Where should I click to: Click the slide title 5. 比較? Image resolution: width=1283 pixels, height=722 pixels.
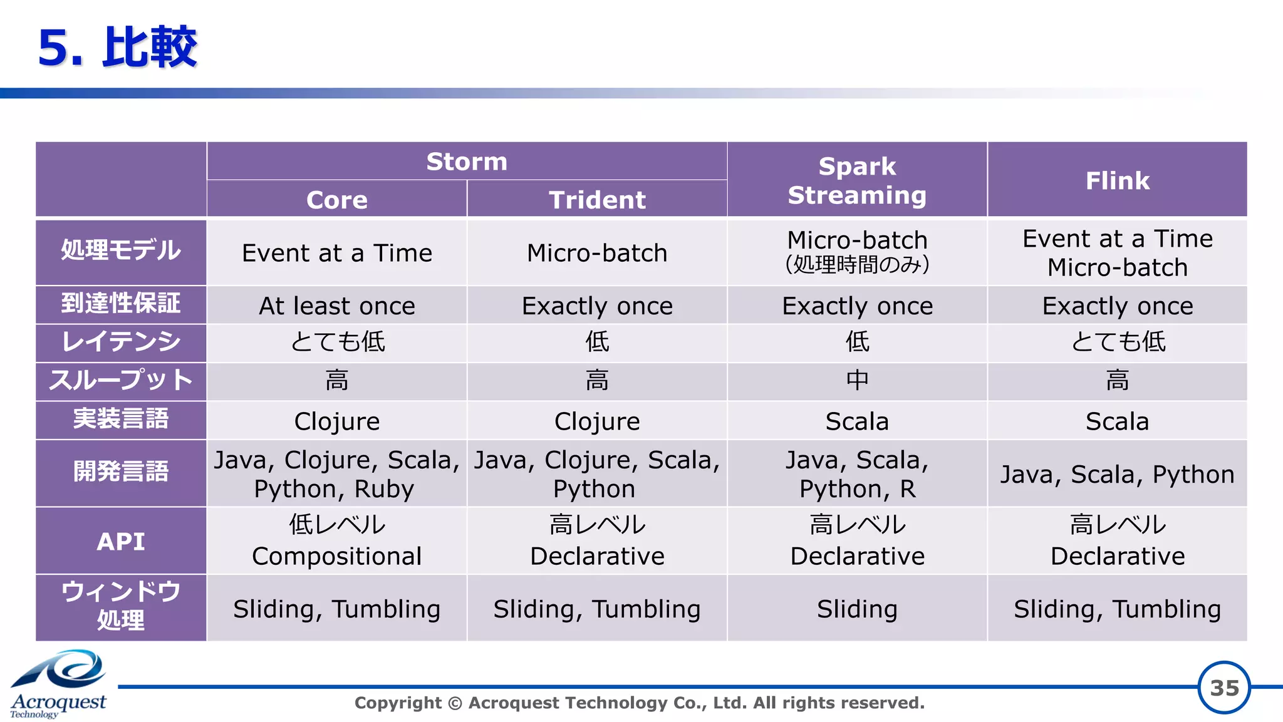117,48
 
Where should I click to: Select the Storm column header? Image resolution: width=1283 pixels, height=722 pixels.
467,162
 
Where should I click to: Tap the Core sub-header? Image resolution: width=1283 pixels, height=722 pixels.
336,200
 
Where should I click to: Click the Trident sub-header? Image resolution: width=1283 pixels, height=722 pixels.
596,200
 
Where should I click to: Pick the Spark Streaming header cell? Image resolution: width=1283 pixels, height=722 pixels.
856,180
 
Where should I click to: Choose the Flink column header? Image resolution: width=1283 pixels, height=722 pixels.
1117,180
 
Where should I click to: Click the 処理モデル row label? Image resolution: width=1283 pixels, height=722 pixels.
121,251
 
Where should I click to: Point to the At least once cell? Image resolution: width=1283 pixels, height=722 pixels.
336,306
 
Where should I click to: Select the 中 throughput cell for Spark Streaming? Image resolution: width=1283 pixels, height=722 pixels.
856,380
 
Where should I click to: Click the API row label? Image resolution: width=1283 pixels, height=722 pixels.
121,541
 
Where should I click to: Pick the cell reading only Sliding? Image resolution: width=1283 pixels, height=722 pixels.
856,609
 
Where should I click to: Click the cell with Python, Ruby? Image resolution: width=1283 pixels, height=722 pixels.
336,474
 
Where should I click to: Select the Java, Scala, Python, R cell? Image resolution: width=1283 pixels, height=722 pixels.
856,474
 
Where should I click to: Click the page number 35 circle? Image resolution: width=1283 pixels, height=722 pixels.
1223,688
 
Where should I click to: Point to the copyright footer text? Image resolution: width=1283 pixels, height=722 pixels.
639,703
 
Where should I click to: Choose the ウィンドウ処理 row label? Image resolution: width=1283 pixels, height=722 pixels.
121,606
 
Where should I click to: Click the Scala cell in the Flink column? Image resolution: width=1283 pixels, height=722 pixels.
1117,421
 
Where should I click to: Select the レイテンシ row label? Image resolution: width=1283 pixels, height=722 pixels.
121,343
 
